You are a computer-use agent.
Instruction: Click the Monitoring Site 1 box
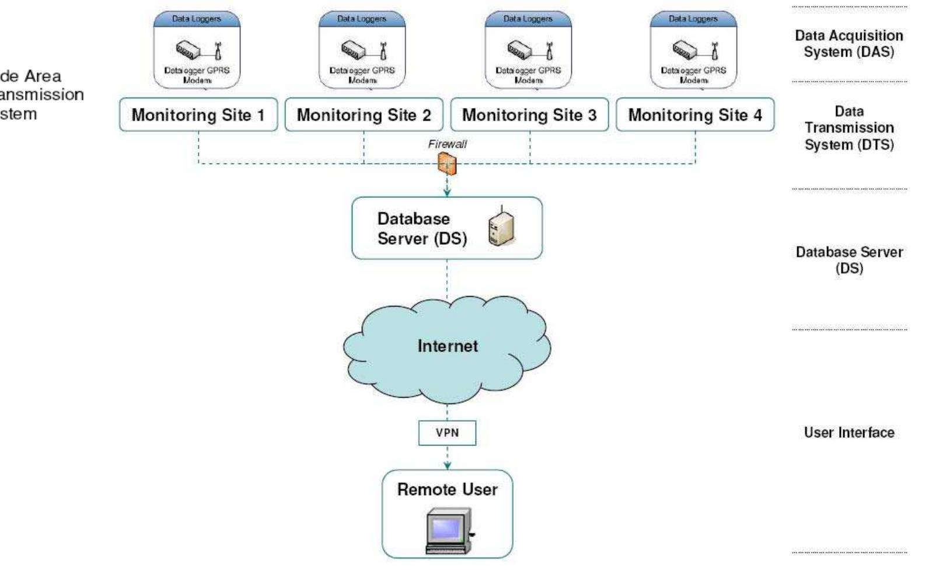(198, 114)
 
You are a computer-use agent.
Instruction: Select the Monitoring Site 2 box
(364, 114)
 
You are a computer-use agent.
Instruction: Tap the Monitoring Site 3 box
(529, 114)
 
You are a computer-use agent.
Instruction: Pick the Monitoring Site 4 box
(695, 114)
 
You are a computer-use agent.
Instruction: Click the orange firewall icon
(447, 164)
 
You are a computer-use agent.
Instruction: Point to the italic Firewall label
(447, 144)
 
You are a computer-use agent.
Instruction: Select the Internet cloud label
(447, 346)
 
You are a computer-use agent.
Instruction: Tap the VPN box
(447, 433)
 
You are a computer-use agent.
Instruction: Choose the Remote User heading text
(447, 489)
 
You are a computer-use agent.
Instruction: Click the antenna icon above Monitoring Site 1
(218, 51)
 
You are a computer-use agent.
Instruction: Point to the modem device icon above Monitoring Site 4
(684, 50)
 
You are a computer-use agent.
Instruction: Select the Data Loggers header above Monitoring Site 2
(362, 19)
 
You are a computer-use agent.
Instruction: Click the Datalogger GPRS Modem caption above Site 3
(528, 75)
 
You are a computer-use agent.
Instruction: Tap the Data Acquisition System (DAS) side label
(849, 43)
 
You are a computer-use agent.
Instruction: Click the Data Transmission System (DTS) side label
(849, 128)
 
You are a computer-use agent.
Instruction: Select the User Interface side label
(849, 433)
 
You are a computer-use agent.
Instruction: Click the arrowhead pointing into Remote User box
(447, 466)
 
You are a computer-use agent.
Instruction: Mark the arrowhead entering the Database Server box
(447, 193)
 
